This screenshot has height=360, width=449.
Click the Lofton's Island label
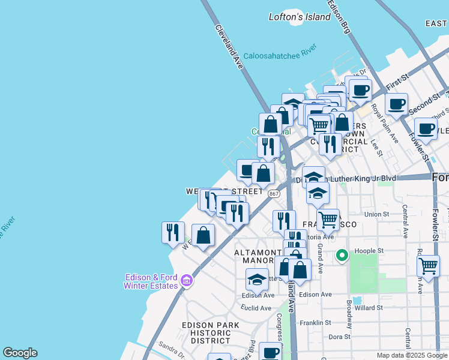[x=300, y=17]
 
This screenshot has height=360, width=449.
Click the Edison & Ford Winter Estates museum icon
[x=186, y=280]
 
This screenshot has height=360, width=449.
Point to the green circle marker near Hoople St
[x=342, y=256]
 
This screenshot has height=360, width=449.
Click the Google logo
[x=20, y=353]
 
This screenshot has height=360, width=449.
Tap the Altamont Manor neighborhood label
[x=258, y=257]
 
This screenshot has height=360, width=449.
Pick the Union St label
[x=377, y=214]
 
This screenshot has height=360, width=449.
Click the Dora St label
[x=339, y=337]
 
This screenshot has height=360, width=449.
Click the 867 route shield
[x=274, y=194]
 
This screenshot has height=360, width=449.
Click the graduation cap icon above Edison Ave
[x=257, y=280]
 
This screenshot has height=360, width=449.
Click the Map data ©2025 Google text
[x=411, y=355]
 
